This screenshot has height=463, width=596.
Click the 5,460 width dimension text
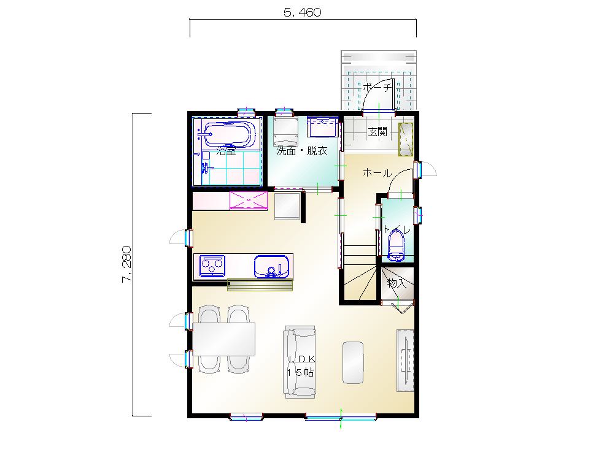[x=303, y=12]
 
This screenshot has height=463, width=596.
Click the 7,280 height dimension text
[x=126, y=264]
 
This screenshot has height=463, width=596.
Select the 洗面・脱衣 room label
[x=302, y=151]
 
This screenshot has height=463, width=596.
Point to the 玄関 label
[x=377, y=132]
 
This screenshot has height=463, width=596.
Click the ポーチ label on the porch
[x=377, y=88]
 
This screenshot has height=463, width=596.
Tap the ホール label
[x=377, y=173]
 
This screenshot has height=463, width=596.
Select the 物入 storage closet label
[x=397, y=283]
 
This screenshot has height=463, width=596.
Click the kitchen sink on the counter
[x=271, y=267]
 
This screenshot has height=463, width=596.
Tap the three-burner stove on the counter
[x=212, y=266]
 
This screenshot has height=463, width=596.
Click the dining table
[x=224, y=339]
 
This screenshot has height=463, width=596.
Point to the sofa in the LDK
[x=299, y=362]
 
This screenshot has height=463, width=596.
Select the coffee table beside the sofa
[x=353, y=362]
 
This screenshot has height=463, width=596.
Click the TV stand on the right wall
[x=405, y=360]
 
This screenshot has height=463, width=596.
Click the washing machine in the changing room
[x=285, y=131]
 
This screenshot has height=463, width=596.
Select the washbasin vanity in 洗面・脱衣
[x=322, y=127]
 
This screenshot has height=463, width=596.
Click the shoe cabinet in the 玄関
[x=406, y=139]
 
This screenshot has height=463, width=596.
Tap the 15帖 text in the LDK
[x=300, y=373]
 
